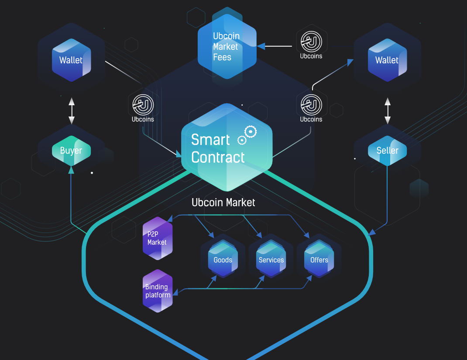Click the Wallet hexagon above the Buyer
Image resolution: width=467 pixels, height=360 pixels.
pyautogui.click(x=71, y=60)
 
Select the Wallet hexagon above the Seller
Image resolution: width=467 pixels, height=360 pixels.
pyautogui.click(x=387, y=60)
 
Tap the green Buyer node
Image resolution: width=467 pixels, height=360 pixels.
pyautogui.click(x=71, y=151)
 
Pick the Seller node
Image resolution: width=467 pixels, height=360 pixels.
pyautogui.click(x=387, y=151)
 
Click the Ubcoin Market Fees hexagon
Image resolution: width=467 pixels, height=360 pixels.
pyautogui.click(x=227, y=47)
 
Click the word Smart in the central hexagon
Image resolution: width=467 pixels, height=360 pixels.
pyautogui.click(x=210, y=140)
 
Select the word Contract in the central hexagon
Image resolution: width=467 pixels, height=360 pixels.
pyautogui.click(x=218, y=157)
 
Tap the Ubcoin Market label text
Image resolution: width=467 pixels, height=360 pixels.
pyautogui.click(x=223, y=202)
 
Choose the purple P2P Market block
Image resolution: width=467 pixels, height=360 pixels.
pyautogui.click(x=158, y=238)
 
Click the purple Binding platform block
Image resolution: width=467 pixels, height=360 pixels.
pyautogui.click(x=158, y=291)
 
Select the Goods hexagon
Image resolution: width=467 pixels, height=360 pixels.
pyautogui.click(x=223, y=260)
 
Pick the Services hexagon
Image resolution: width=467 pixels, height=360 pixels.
pyautogui.click(x=271, y=260)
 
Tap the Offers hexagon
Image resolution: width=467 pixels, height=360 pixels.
pyautogui.click(x=319, y=260)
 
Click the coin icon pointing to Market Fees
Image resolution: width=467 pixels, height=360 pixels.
pyautogui.click(x=311, y=42)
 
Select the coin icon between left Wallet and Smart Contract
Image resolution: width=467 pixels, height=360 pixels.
pyautogui.click(x=143, y=105)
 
